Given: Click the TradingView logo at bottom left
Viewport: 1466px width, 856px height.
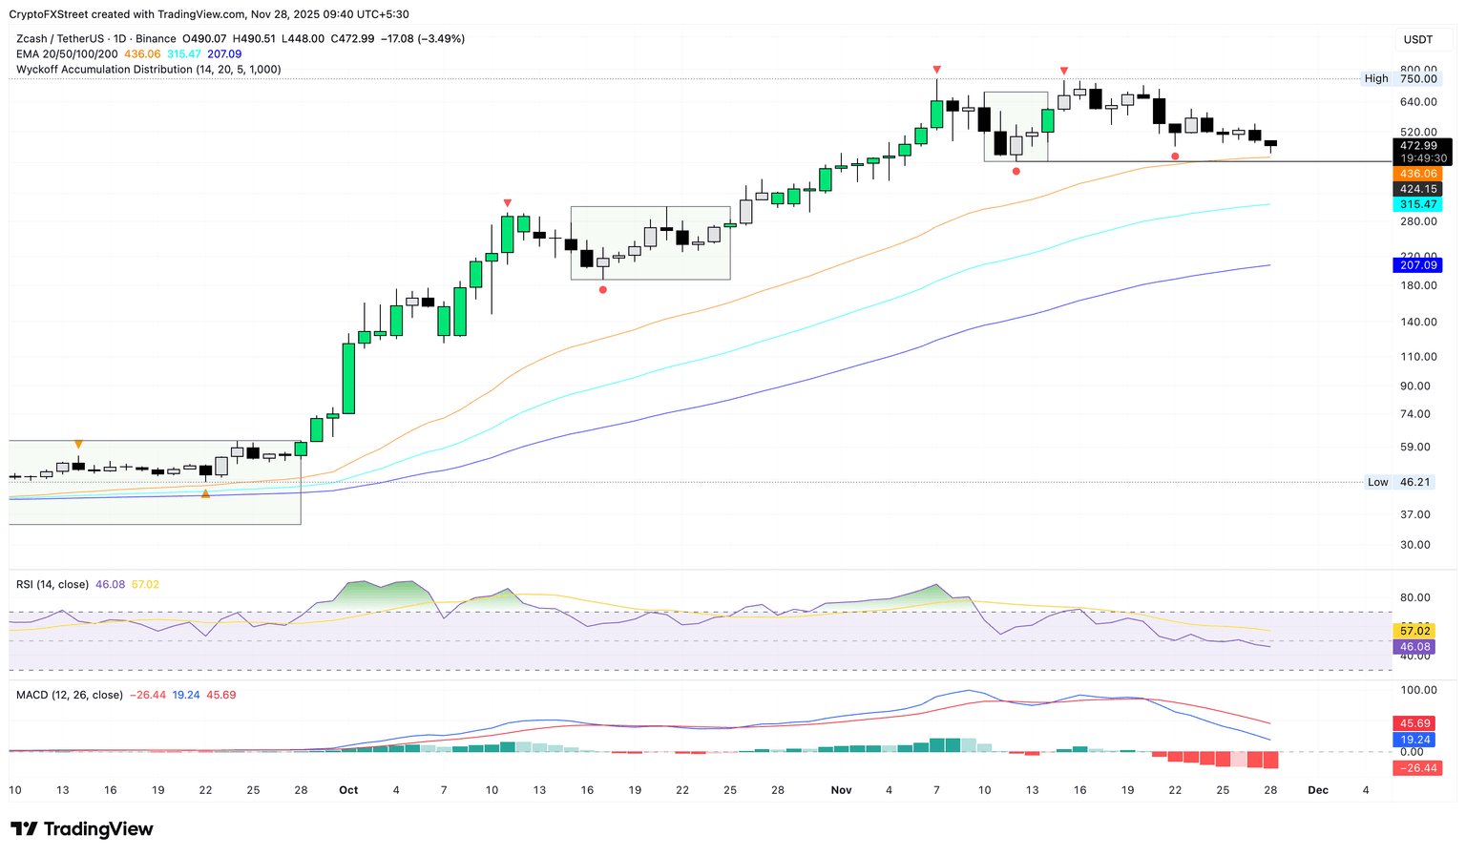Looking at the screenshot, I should (x=82, y=828).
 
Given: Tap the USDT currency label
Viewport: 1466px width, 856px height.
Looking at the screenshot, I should (x=1417, y=39).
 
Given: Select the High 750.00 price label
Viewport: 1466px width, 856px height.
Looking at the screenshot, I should (x=1400, y=78).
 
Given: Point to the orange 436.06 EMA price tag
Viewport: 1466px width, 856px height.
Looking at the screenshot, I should (x=1417, y=174).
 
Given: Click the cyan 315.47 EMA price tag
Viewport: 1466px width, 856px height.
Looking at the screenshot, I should (x=1417, y=204).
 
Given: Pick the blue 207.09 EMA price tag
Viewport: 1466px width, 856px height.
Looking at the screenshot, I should (x=1417, y=265).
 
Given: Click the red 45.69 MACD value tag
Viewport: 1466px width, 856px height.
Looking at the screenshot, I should (x=1415, y=723).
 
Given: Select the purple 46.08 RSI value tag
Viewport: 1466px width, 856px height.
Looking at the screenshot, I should (x=1415, y=646).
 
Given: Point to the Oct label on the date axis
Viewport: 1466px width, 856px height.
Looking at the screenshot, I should (x=348, y=790).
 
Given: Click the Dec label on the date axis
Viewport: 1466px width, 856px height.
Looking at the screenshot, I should (x=1318, y=790).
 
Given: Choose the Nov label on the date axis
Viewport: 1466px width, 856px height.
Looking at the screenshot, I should (x=841, y=790).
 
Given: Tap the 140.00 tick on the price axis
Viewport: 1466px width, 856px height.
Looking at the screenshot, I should (x=1418, y=322).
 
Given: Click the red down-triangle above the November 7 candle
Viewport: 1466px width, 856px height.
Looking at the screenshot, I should (x=937, y=70).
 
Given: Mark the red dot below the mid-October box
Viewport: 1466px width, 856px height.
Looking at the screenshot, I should (x=603, y=289).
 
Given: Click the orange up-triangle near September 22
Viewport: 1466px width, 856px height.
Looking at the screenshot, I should (x=205, y=493).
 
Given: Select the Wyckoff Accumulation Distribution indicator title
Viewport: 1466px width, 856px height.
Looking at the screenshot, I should (x=148, y=70).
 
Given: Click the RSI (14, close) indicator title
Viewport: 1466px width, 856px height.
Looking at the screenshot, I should (x=52, y=584).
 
